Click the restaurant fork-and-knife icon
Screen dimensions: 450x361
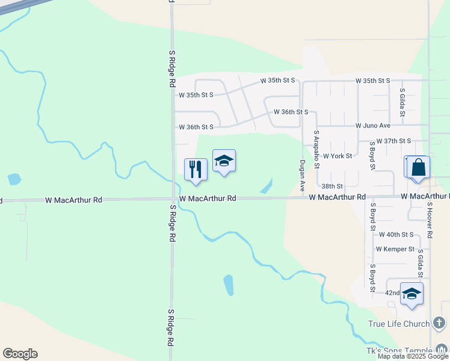click(x=196, y=170)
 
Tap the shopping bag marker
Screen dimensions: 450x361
click(x=418, y=167)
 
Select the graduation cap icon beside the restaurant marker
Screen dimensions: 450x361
click(x=224, y=161)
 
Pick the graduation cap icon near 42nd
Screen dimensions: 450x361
click(x=411, y=294)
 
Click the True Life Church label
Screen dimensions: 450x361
click(x=399, y=324)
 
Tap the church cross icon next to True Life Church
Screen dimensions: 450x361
click(x=440, y=324)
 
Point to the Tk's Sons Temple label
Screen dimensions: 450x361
click(x=398, y=351)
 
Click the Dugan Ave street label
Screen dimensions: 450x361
click(x=303, y=174)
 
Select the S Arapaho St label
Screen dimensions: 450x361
click(x=316, y=149)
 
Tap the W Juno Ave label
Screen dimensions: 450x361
click(x=373, y=125)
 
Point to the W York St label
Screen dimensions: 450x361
click(x=337, y=156)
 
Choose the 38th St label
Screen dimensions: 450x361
click(x=331, y=187)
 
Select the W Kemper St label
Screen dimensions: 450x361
click(x=395, y=248)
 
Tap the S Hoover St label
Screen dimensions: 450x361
click(x=430, y=220)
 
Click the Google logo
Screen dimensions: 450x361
click(x=20, y=354)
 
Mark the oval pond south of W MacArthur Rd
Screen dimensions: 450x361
click(x=229, y=285)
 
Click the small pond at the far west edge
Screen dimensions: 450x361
click(x=13, y=179)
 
